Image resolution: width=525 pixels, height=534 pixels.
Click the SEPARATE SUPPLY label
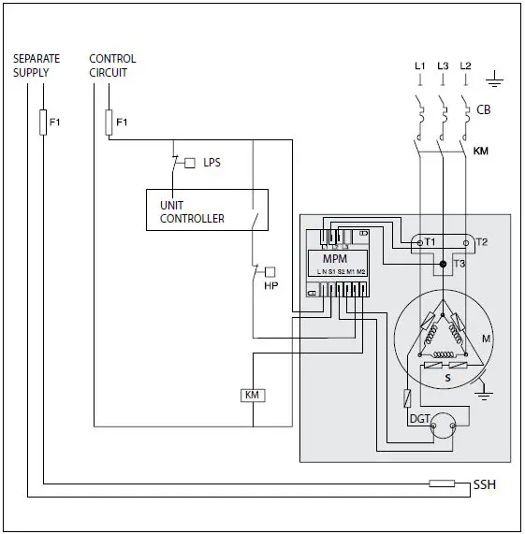(36, 65)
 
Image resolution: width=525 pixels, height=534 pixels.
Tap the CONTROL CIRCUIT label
(112, 65)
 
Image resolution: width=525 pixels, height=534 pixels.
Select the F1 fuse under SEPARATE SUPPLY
(43, 123)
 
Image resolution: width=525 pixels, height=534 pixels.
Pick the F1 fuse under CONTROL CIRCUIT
(109, 122)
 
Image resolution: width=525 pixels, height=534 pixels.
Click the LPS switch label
(211, 163)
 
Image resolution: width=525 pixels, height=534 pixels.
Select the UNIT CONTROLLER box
(207, 210)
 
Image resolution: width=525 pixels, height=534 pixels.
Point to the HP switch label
(271, 285)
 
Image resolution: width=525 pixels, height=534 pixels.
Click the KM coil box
(252, 396)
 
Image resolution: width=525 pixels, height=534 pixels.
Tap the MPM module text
(336, 258)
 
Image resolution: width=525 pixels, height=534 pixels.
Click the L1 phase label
(419, 65)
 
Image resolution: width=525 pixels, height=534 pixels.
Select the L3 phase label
(443, 65)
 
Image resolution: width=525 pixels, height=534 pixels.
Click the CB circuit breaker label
(484, 109)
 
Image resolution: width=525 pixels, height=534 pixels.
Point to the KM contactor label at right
(481, 150)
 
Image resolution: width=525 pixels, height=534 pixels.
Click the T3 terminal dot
(443, 265)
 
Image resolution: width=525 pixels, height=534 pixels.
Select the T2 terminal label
(482, 242)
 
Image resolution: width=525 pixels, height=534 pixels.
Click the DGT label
(418, 419)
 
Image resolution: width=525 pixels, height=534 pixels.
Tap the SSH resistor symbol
(442, 483)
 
